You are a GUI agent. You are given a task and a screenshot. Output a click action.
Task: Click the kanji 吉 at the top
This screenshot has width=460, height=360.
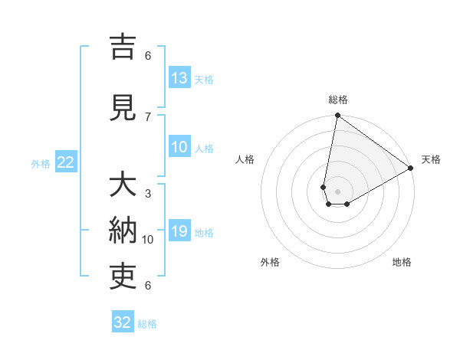pyautogui.click(x=123, y=48)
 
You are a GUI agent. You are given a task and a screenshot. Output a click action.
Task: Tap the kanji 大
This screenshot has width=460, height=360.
pyautogui.click(x=123, y=186)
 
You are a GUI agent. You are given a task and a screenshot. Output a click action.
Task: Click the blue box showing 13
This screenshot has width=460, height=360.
pyautogui.click(x=179, y=78)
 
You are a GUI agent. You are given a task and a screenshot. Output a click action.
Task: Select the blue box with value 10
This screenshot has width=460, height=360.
pyautogui.click(x=179, y=147)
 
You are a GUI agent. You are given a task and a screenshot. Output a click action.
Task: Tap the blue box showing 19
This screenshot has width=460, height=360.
pyautogui.click(x=179, y=231)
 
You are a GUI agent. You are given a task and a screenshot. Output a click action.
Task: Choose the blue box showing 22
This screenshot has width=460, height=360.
pyautogui.click(x=66, y=162)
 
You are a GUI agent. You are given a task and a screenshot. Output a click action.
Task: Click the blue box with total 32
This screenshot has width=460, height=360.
pyautogui.click(x=123, y=322)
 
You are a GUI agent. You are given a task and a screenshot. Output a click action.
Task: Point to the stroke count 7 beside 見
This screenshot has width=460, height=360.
pyautogui.click(x=148, y=116)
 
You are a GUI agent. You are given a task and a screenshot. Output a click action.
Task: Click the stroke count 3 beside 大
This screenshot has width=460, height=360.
pyautogui.click(x=148, y=193)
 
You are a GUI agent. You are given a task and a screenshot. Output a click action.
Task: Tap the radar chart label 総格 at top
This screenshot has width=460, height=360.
pyautogui.click(x=338, y=100)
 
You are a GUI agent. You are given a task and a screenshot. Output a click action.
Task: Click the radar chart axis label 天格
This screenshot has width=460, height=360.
pyautogui.click(x=431, y=159)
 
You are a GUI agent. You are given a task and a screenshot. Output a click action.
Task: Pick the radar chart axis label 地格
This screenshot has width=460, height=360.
pyautogui.click(x=402, y=262)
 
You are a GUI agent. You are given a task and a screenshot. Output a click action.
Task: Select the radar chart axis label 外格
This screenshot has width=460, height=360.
pyautogui.click(x=270, y=262)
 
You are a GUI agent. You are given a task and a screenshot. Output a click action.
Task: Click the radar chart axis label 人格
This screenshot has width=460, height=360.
pyautogui.click(x=245, y=159)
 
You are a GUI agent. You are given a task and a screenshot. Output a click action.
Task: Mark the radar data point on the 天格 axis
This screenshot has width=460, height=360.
pyautogui.click(x=411, y=169)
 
